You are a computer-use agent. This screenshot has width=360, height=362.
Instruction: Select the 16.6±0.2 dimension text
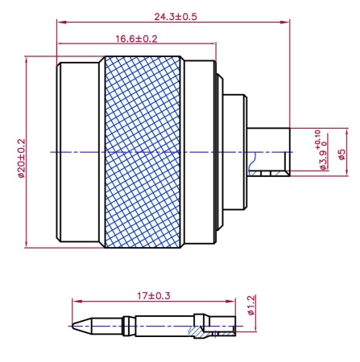136,38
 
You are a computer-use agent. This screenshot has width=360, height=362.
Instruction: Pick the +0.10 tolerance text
317,138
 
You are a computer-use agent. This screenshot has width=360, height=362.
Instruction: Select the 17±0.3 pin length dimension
152,296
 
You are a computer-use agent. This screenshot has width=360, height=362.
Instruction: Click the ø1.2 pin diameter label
251,309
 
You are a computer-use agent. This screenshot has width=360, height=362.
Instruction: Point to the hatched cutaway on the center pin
197,331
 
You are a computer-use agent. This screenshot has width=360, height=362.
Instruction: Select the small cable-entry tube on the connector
269,152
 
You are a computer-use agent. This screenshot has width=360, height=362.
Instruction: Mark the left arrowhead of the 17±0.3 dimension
75,302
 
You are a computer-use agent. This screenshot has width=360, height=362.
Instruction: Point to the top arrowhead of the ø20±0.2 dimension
28,59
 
